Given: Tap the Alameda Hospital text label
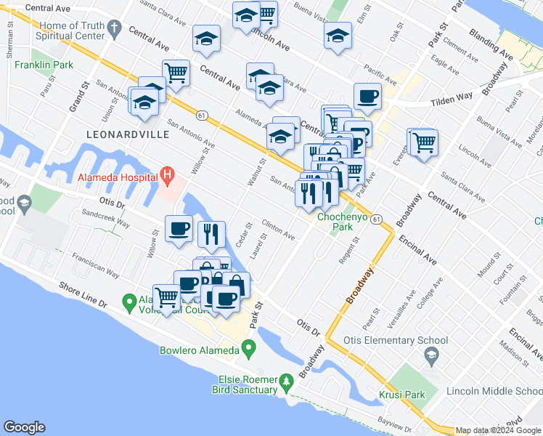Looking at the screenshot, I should pyautogui.click(x=118, y=177).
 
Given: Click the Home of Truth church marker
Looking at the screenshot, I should pyautogui.click(x=113, y=29).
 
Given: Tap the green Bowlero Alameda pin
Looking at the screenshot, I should pyautogui.click(x=248, y=350).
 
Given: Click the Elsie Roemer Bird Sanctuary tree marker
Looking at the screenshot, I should pyautogui.click(x=287, y=380).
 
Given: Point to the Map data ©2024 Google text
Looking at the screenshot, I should pyautogui.click(x=497, y=430).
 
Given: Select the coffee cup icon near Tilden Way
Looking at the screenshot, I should pyautogui.click(x=367, y=96).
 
